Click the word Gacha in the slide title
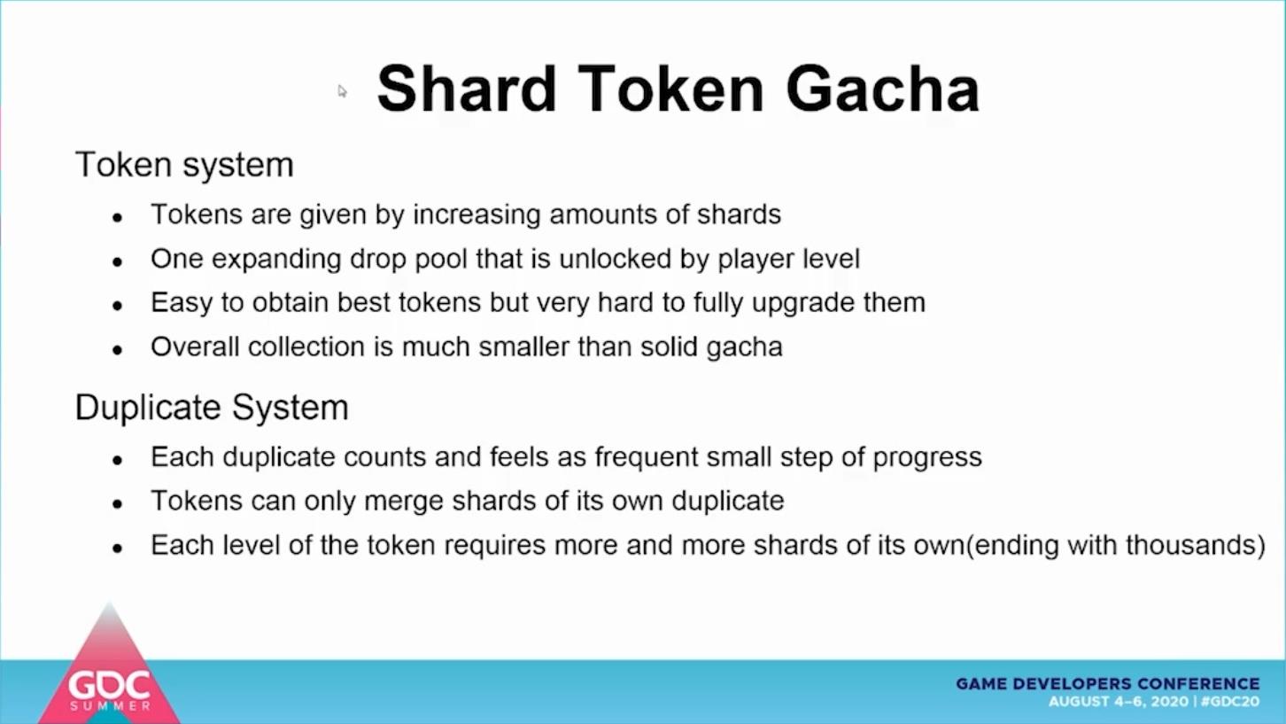pos(882,90)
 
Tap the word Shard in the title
pos(467,90)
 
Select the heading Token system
pos(184,165)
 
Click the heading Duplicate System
pos(212,408)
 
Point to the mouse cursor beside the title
pos(342,90)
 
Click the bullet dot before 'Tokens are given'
pos(118,217)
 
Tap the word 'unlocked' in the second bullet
pos(615,258)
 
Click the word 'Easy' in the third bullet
pos(182,303)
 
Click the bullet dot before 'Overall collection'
pos(118,350)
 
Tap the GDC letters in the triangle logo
pos(109,685)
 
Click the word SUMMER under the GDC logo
pos(110,705)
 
